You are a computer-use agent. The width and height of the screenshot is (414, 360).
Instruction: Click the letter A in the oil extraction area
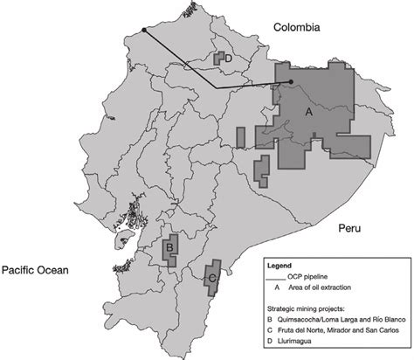pyautogui.click(x=307, y=114)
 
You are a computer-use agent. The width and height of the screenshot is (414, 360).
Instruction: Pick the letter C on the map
pyautogui.click(x=211, y=278)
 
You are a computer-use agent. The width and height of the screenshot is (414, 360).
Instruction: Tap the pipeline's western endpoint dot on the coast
pyautogui.click(x=144, y=31)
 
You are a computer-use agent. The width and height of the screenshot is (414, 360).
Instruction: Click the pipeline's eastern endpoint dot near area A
pyautogui.click(x=291, y=83)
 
